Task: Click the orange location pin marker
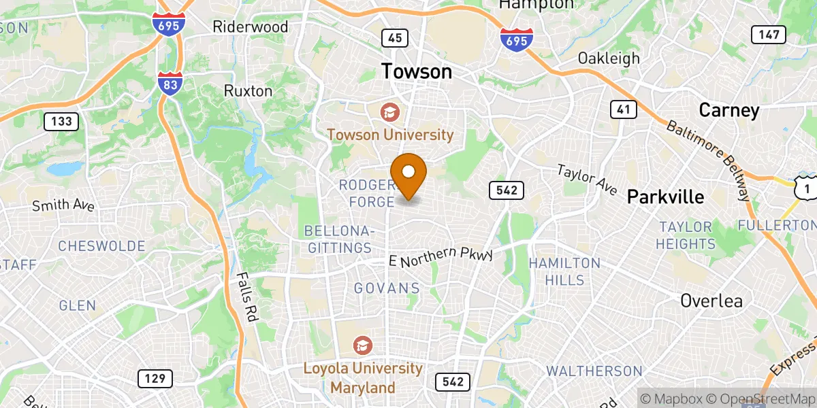[409, 173]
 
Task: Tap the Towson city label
[416, 71]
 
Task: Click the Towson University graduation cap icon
[390, 112]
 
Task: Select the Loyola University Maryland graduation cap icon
[363, 345]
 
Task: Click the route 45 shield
[395, 37]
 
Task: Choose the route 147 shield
[769, 34]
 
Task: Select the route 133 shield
[61, 122]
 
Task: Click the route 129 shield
[155, 379]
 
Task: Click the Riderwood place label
[251, 27]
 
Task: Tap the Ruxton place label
[248, 90]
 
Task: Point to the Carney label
[728, 110]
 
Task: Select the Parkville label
[665, 197]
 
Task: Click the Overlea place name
[711, 301]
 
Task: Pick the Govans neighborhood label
[387, 288]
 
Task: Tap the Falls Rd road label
[245, 297]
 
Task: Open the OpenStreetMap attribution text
[761, 398]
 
